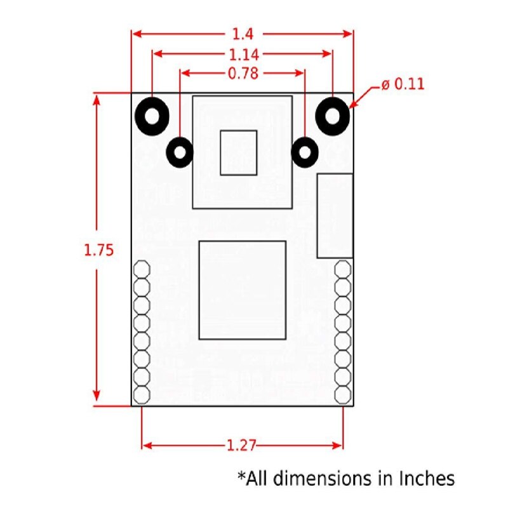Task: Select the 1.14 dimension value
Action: [x=243, y=54]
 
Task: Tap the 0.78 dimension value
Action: [x=243, y=74]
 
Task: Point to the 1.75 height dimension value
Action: [x=98, y=250]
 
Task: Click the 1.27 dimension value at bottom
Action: [x=241, y=446]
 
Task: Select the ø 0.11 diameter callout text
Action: [x=403, y=84]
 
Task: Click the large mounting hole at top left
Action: [x=152, y=116]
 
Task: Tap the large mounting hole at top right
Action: [x=333, y=116]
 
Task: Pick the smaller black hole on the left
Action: [x=180, y=152]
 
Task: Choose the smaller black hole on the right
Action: [x=305, y=152]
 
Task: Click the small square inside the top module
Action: [x=239, y=152]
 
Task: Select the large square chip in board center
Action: [x=242, y=290]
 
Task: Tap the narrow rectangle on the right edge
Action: [x=335, y=215]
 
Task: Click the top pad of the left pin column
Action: [x=142, y=269]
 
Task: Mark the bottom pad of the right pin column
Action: [x=343, y=394]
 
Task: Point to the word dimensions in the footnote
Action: [x=332, y=478]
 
